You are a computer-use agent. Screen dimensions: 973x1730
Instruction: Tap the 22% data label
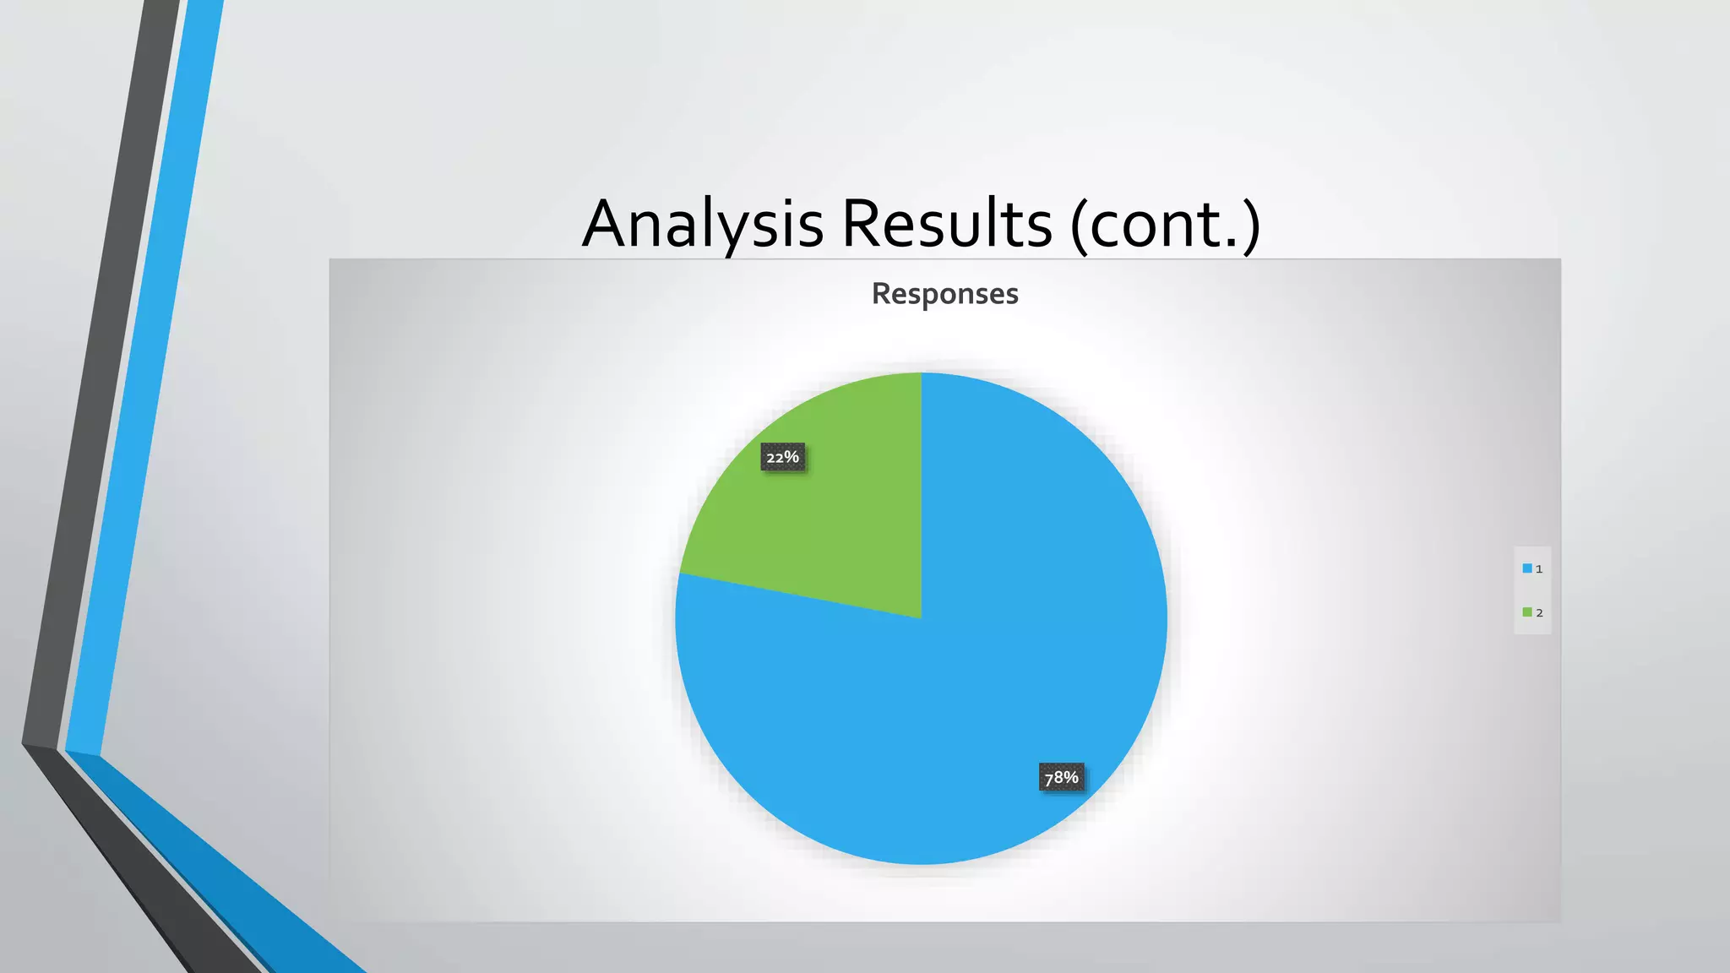coord(782,457)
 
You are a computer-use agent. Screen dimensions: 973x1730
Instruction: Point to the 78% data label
coord(1061,777)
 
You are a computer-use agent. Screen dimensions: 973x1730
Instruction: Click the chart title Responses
coord(944,294)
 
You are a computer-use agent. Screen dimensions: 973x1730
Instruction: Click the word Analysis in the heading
coord(703,224)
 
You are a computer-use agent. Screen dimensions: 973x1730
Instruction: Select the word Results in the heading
coord(947,224)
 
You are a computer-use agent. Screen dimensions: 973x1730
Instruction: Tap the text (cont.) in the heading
coord(1166,224)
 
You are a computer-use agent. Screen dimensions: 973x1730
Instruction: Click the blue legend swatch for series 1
coord(1527,568)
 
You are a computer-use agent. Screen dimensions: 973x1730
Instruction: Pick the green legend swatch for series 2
coord(1527,612)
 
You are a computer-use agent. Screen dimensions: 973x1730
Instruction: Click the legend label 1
coord(1539,569)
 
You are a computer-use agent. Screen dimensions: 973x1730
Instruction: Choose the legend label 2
coord(1539,613)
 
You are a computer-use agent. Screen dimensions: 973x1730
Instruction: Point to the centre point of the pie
coord(921,618)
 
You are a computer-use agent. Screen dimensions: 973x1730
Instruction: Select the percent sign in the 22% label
coord(792,457)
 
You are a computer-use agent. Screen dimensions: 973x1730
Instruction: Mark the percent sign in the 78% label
coord(1071,777)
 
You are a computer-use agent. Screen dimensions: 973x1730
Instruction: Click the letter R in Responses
coord(882,294)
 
